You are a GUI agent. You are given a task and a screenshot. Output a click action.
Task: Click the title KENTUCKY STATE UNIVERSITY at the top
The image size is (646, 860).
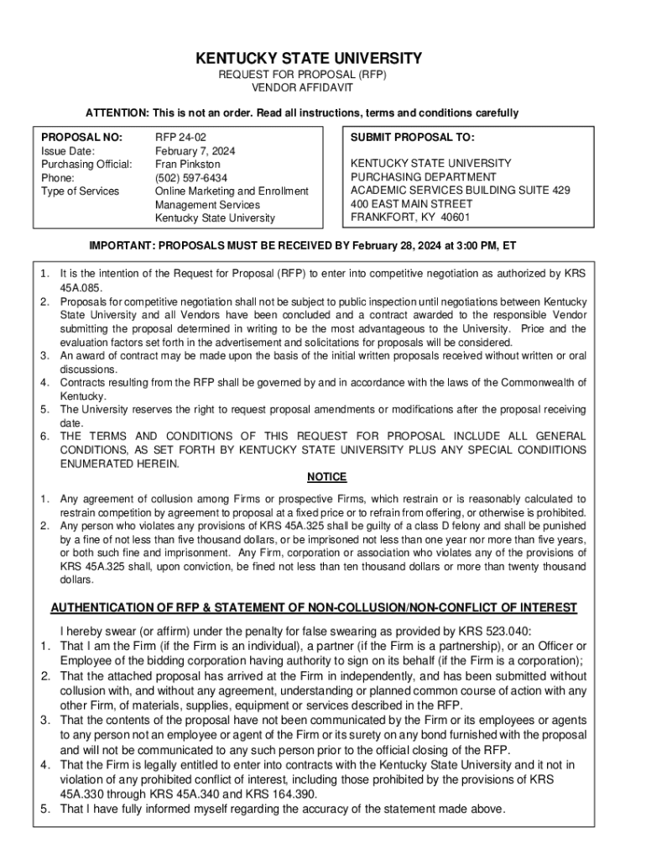click(x=309, y=59)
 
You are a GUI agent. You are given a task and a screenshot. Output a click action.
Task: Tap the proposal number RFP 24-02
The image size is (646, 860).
click(x=181, y=137)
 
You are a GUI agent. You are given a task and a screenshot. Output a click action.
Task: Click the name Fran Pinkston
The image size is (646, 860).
click(x=188, y=165)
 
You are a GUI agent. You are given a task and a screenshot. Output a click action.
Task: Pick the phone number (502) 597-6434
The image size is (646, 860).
click(x=190, y=178)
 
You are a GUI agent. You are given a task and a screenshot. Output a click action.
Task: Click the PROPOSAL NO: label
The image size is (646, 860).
click(x=81, y=137)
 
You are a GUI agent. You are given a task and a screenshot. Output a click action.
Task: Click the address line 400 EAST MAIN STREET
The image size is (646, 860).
click(x=412, y=203)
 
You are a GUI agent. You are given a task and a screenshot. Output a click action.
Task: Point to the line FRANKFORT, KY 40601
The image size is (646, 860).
click(x=410, y=217)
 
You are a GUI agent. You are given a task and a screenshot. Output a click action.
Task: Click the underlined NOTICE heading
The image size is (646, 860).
click(x=326, y=477)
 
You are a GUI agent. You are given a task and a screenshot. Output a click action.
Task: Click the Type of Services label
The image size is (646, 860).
click(x=81, y=191)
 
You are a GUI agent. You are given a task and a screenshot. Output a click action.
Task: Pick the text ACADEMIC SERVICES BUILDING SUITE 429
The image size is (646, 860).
click(x=461, y=191)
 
